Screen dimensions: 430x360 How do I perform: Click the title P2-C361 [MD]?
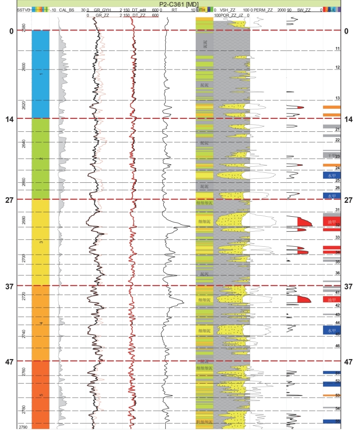coord(180,3)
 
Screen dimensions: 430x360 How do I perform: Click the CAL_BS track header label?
coord(67,9)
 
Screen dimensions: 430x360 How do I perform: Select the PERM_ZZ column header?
coord(263,9)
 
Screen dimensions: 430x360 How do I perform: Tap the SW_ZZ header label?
coord(303,9)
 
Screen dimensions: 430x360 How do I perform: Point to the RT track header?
coord(174,9)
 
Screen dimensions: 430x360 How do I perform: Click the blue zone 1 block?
coord(40,74)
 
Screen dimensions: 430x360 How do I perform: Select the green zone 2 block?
coord(40,158)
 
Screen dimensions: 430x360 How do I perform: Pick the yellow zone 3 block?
coord(40,242)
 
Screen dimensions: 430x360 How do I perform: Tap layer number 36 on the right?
coord(338,273)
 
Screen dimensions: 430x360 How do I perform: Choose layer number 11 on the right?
coord(338,48)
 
